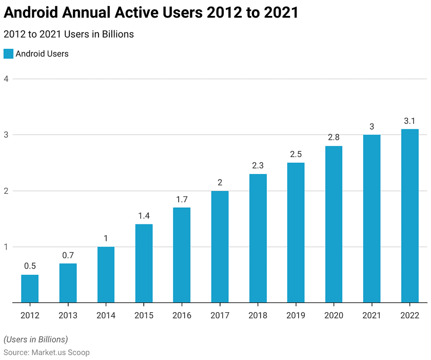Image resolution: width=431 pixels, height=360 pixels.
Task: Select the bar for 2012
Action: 30,289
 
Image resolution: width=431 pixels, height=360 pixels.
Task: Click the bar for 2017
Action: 220,247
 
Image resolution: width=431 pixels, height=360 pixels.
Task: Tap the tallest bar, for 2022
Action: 410,216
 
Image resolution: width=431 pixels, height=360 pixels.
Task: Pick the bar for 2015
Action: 144,263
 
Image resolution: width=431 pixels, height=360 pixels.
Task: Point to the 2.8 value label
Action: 334,137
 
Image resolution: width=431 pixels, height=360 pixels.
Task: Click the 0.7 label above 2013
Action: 68,255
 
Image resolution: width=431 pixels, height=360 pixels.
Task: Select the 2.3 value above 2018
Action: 258,165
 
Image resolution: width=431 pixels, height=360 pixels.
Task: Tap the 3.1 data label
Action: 410,121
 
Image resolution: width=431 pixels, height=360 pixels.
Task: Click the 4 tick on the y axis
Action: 7,79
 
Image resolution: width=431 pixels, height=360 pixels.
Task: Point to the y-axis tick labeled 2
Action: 7,191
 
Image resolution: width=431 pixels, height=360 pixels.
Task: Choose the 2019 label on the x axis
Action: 296,315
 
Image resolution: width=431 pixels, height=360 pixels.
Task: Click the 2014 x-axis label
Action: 106,315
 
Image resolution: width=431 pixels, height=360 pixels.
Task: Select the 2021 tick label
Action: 371,315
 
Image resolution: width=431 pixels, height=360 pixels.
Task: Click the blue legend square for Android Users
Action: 8,53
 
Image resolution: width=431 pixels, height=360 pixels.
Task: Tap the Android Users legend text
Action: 42,53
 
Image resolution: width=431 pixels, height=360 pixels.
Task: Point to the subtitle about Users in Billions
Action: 68,34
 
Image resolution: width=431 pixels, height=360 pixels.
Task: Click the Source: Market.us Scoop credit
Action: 46,352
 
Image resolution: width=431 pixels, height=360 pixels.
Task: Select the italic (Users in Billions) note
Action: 35,339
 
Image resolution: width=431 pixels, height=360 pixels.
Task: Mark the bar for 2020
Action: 334,224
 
